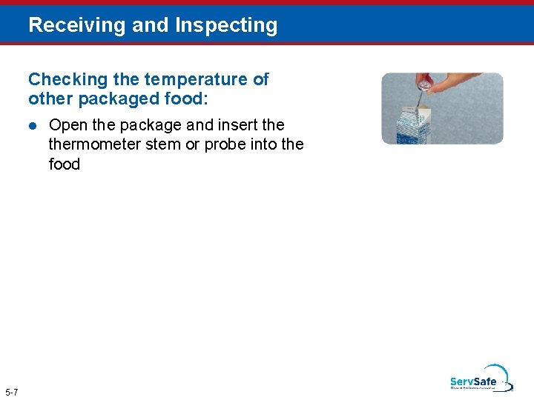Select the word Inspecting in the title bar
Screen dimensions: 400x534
[226, 25]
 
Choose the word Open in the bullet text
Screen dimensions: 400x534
[67, 124]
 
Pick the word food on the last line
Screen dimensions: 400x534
[65, 164]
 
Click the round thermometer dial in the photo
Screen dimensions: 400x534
[423, 83]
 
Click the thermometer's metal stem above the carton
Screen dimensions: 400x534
[419, 98]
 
